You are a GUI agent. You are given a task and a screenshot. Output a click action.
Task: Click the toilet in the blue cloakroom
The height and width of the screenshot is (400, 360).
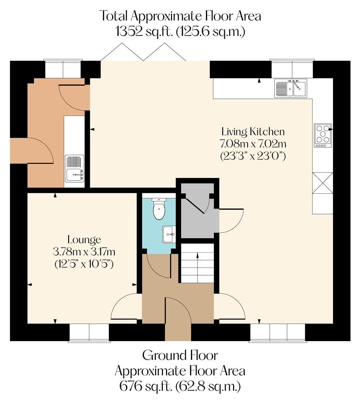tap(159, 209)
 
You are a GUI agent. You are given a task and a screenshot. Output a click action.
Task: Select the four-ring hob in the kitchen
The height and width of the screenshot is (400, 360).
tap(322, 135)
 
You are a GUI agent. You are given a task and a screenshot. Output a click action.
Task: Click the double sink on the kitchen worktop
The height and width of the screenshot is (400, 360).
tap(291, 88)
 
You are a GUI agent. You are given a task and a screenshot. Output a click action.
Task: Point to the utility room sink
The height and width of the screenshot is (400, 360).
tap(75, 169)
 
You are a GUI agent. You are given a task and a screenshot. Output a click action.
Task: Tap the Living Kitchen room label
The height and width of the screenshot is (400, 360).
tap(253, 131)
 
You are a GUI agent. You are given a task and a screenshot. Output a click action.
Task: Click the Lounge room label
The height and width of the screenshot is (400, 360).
tap(84, 240)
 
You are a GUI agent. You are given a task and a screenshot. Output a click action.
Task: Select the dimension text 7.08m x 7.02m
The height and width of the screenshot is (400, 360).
tap(253, 143)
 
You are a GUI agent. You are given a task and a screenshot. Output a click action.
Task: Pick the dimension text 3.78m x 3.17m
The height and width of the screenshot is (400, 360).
tap(84, 252)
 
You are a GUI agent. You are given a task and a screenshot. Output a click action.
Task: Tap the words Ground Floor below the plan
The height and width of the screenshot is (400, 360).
tap(180, 355)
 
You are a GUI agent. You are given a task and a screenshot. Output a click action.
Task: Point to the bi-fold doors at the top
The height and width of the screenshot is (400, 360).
tap(144, 52)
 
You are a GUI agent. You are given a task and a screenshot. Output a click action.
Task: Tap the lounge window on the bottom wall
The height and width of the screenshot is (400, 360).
tap(89, 332)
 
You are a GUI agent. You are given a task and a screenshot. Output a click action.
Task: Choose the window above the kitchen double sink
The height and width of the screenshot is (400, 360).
tap(292, 68)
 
